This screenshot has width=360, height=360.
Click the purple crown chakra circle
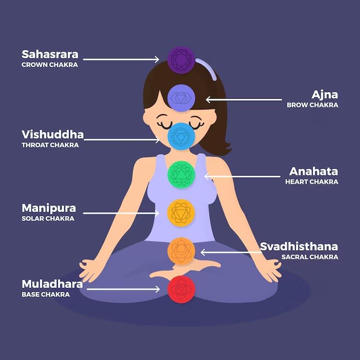(181, 60)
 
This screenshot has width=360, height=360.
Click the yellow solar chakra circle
(181, 213)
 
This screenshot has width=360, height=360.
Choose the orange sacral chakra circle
(181, 251)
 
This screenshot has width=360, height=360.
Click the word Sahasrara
(50, 54)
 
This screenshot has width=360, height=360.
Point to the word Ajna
(325, 94)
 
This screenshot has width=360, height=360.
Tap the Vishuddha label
(53, 134)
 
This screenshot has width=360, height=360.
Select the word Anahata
(313, 171)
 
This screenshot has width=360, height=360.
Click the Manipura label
(49, 208)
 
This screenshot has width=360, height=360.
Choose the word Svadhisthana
(299, 246)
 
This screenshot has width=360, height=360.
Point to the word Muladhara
(52, 284)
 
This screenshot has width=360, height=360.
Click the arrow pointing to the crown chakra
(124, 60)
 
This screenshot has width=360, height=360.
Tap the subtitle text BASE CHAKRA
(46, 294)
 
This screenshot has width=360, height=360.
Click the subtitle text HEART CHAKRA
(311, 182)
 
